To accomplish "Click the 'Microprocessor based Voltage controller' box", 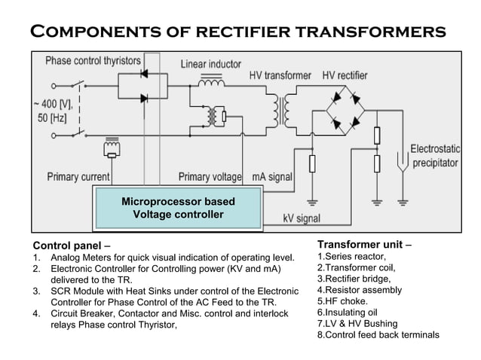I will (178, 208).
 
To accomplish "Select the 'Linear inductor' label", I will (210, 65).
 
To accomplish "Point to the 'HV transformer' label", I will (280, 76).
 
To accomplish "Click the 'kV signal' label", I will (302, 218).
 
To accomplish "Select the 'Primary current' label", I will (78, 177).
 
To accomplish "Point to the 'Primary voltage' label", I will (210, 177).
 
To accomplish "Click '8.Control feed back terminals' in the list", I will (378, 334).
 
